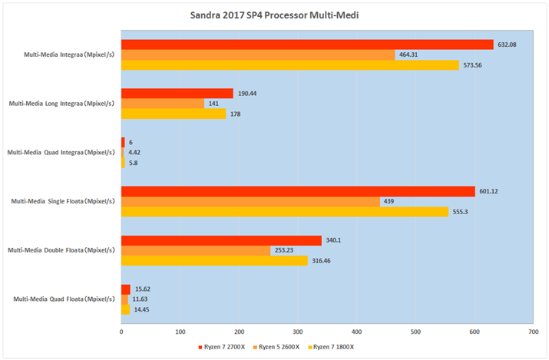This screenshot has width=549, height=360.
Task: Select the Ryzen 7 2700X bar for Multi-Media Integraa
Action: (307, 45)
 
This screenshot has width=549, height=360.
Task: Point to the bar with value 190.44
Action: (177, 94)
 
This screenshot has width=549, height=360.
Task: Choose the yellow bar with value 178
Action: (174, 114)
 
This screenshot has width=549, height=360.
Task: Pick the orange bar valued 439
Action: (250, 202)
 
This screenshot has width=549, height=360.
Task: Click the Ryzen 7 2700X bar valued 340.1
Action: (221, 240)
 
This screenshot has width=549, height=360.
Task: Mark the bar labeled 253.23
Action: (196, 250)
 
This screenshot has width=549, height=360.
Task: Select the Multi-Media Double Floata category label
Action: (61, 250)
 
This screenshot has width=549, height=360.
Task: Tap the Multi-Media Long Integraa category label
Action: (61, 104)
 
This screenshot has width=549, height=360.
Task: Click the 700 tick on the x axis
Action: (532, 332)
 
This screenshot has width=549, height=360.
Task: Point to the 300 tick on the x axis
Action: (298, 332)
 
